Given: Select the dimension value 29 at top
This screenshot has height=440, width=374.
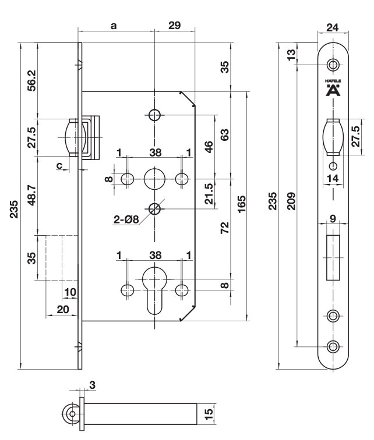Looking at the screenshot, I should (174, 26).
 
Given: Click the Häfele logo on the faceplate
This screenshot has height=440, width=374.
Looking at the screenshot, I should (333, 88).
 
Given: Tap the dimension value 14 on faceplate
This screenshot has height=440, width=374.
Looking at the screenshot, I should (333, 179).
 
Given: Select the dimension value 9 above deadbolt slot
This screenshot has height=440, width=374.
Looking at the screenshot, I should (333, 219).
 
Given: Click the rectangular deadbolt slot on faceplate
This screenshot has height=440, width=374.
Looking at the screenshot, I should (333, 257).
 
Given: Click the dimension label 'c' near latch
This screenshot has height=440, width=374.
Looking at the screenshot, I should (59, 165).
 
